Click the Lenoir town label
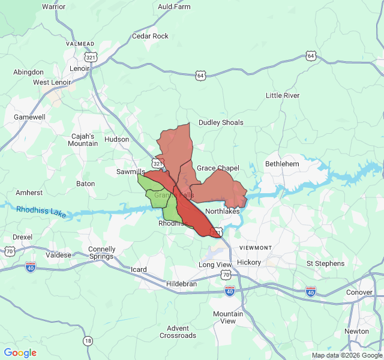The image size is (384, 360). [x=79, y=68]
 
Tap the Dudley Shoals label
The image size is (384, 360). [x=221, y=122]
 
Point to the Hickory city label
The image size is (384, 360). [x=248, y=263]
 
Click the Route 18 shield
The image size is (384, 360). [x=88, y=341]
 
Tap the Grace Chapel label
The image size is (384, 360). [x=218, y=168]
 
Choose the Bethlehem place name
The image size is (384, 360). [x=282, y=164]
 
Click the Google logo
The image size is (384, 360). [x=20, y=353]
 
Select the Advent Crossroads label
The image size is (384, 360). [x=178, y=332]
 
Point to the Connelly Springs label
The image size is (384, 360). [x=101, y=253]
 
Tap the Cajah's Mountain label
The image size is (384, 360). [x=83, y=140]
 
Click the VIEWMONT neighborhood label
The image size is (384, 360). [x=256, y=248]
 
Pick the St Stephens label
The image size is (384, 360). [x=325, y=263]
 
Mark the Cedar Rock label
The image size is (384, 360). [x=150, y=36]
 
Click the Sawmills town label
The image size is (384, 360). [x=130, y=172]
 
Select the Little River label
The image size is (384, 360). [x=283, y=95]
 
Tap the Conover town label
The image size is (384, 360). [x=359, y=293]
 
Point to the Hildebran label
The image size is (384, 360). [x=181, y=284]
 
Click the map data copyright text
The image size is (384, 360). [x=346, y=355]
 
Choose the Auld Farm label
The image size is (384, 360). [x=174, y=7]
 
